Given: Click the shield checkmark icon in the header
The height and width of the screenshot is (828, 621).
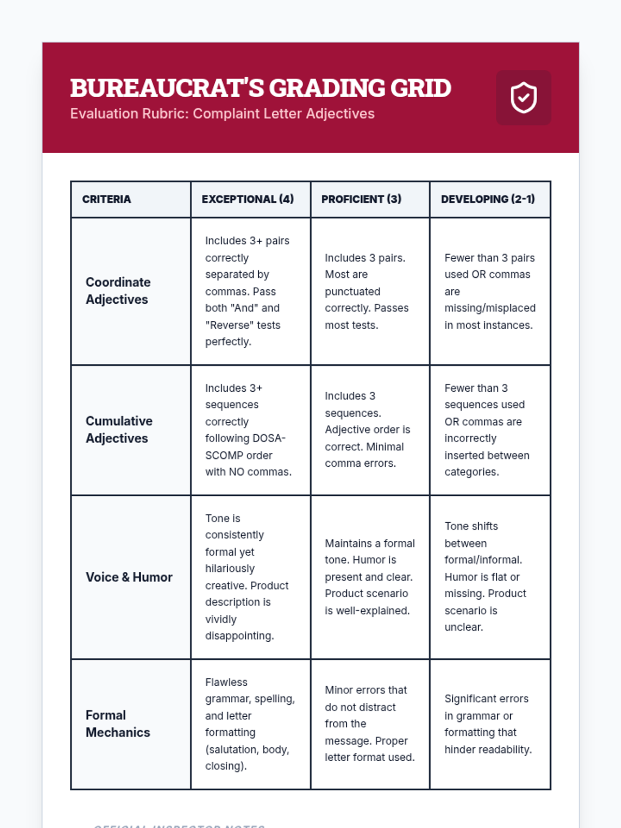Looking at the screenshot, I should tap(523, 97).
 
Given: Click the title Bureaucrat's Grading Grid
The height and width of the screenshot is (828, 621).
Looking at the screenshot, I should tap(260, 88).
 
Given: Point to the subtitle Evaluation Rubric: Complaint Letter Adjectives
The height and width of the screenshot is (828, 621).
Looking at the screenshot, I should tap(222, 114).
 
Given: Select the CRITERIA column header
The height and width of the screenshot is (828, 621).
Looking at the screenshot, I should tap(107, 199).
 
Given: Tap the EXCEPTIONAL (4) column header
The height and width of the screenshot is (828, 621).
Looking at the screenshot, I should tap(247, 199).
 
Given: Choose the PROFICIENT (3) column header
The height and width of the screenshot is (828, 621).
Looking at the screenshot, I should tap(361, 199).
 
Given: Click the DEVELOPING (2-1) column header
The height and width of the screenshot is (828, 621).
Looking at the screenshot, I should tap(487, 199).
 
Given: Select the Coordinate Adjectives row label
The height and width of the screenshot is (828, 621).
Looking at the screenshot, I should tap(118, 291).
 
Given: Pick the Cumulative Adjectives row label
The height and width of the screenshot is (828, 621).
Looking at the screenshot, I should tap(119, 430).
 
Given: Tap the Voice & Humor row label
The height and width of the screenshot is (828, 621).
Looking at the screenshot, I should tap(129, 577).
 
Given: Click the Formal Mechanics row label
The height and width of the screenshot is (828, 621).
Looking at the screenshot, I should tap(117, 723).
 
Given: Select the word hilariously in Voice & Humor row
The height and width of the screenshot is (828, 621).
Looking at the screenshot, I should tap(230, 569).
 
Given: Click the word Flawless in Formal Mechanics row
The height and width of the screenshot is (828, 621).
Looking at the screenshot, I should tap(226, 682).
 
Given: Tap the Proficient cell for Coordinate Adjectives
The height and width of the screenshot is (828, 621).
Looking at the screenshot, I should tap(369, 291).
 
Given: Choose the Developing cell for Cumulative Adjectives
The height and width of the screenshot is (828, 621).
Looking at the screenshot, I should tap(490, 430).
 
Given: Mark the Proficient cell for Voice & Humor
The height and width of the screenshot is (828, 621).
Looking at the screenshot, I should tap(369, 577).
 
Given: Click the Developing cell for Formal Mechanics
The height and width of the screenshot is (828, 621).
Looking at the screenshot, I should tap(490, 724).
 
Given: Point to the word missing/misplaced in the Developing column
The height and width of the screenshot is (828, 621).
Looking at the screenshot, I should tap(490, 308).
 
